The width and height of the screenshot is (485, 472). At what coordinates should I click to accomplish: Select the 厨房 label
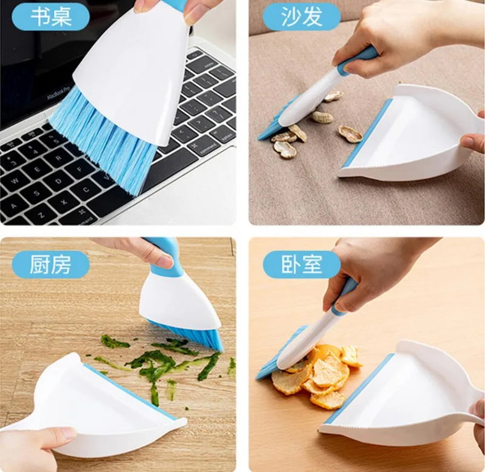(x=50, y=265)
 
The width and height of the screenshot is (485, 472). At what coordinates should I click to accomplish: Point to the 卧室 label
(x=301, y=264)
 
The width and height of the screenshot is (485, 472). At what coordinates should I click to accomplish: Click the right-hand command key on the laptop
(x=204, y=146)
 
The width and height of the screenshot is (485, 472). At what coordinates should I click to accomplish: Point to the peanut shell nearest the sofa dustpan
(x=350, y=133)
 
